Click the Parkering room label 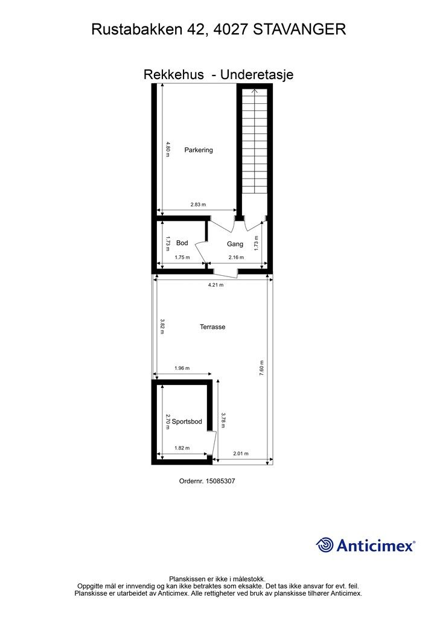199,150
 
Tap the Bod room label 182,243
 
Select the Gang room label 235,244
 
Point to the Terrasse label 212,327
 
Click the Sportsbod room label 187,422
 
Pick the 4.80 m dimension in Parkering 167,150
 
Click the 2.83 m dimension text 198,205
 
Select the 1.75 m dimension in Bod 182,257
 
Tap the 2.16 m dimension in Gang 236,257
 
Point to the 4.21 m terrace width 215,285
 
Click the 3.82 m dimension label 162,327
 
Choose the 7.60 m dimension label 261,368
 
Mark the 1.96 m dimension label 182,369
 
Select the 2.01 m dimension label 241,454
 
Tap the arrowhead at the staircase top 255,91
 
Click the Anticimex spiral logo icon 325,545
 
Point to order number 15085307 221,481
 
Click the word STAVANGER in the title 299,30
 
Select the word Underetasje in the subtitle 257,74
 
